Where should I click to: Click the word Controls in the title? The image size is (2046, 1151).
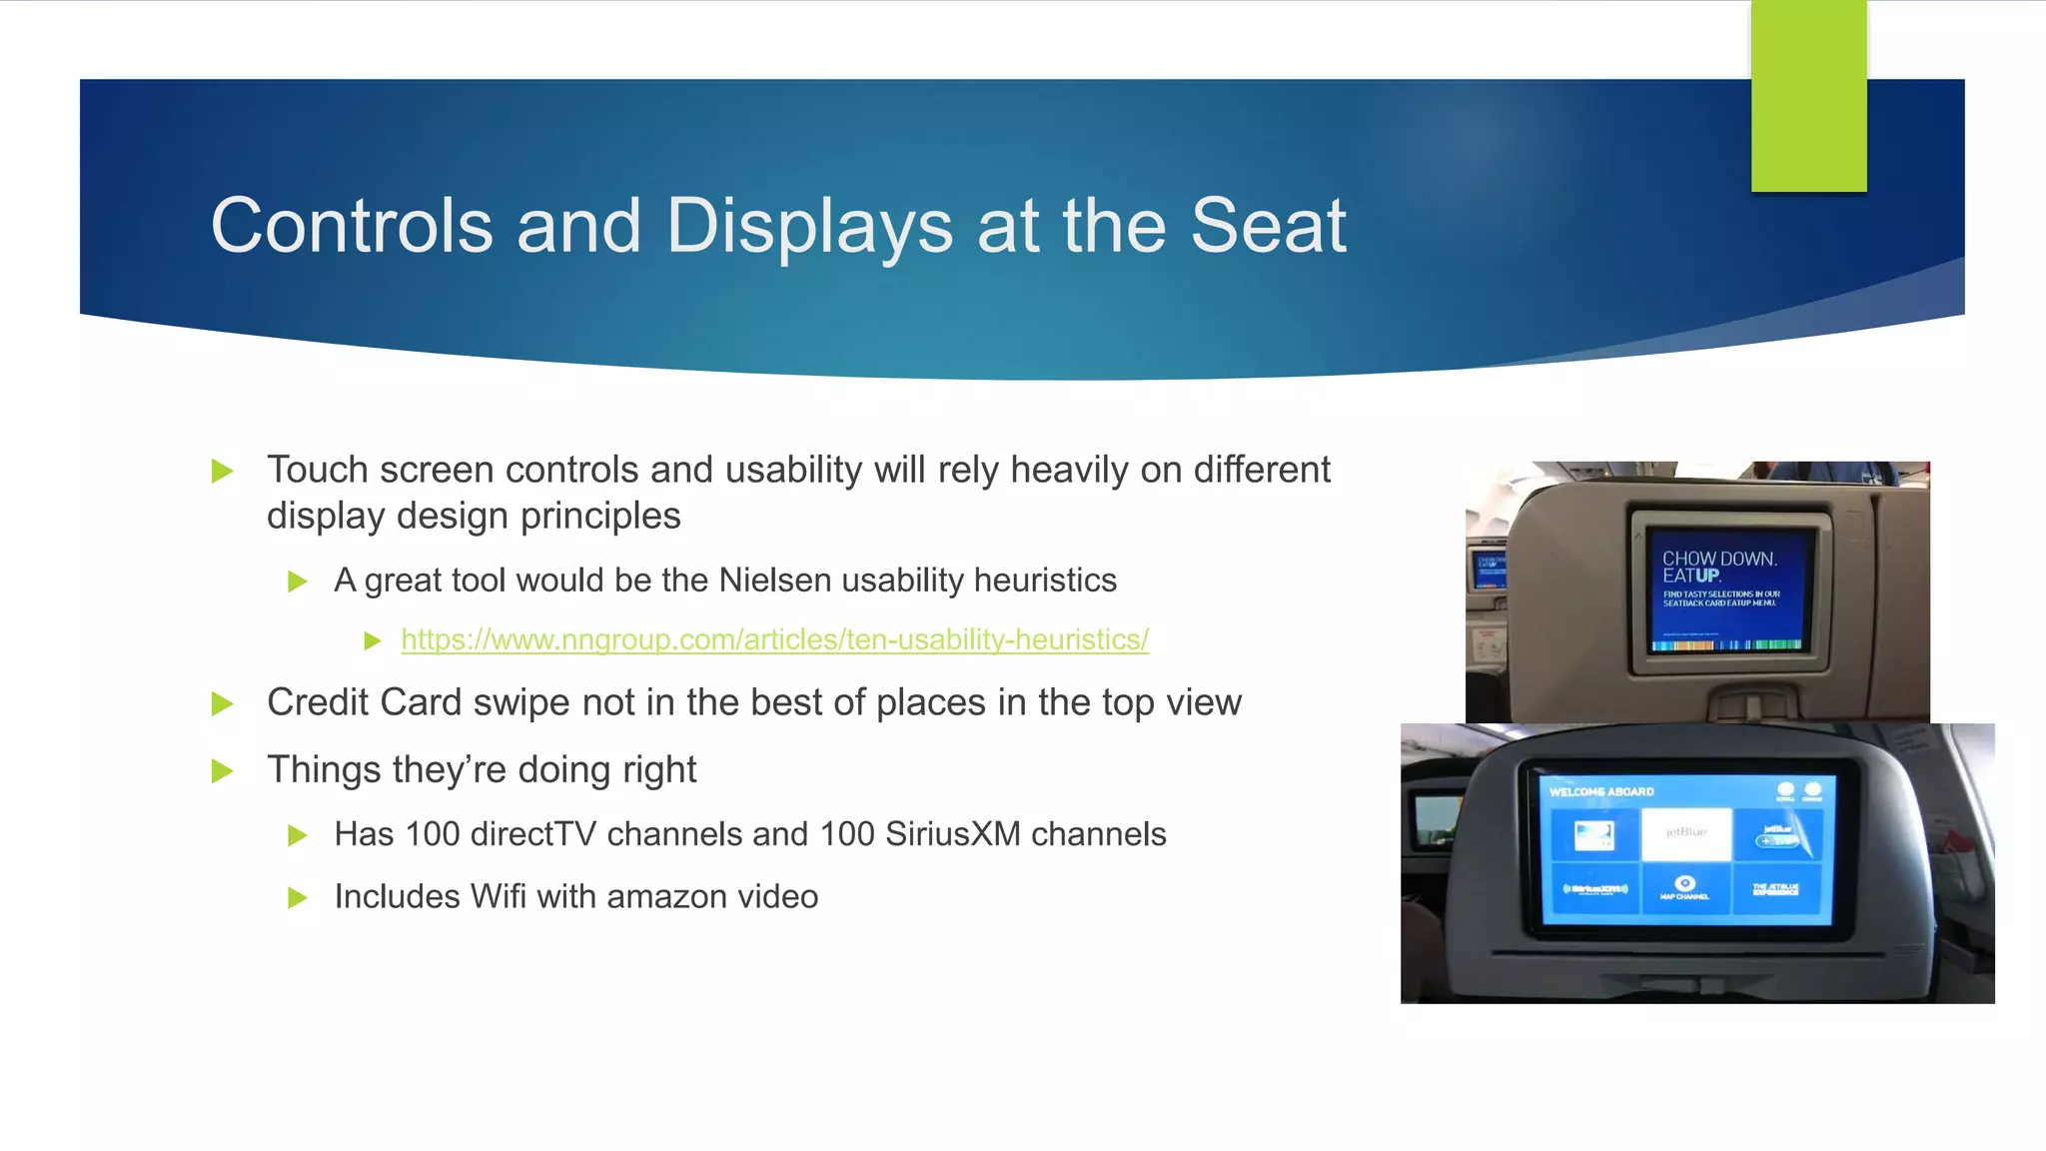click(352, 226)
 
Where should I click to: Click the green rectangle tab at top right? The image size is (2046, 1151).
click(1808, 97)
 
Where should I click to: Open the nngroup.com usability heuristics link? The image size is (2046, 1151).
click(774, 639)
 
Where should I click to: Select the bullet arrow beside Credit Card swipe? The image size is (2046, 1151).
click(223, 704)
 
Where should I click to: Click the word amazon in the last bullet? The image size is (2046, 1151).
click(666, 897)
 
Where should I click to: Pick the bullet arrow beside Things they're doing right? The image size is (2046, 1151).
click(223, 771)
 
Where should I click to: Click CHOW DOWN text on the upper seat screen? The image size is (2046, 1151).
click(1718, 559)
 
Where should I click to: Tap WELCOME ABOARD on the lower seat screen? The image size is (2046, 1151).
click(1601, 791)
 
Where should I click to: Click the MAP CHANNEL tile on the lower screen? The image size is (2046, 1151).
click(1684, 888)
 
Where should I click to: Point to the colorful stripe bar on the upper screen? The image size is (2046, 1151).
click(1726, 644)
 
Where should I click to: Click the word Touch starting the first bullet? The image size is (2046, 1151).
click(317, 471)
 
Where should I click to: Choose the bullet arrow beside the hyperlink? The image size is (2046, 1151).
click(373, 640)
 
